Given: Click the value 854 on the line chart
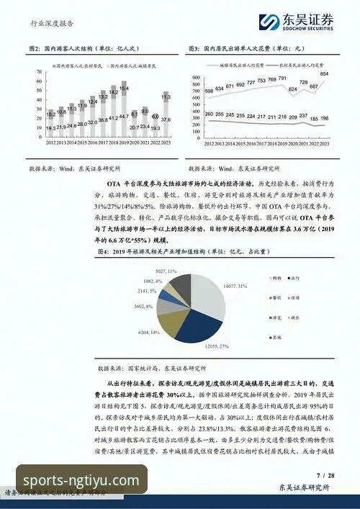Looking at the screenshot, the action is coord(325,74).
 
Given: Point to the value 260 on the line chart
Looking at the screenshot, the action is coord(209,114).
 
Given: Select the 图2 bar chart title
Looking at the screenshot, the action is coord(79,49).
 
